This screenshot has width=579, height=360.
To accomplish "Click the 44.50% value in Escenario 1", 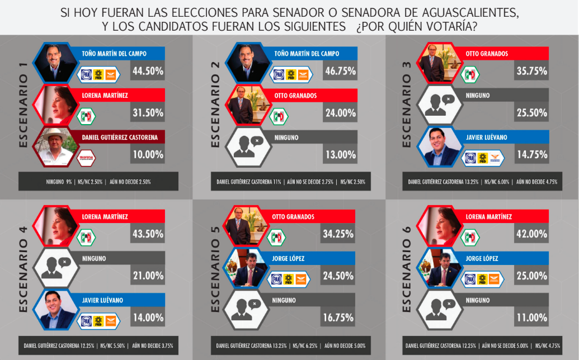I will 148,71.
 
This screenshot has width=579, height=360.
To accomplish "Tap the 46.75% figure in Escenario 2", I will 340,71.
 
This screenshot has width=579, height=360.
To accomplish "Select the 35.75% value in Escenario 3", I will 531,70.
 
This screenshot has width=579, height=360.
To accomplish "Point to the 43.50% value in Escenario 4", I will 148,234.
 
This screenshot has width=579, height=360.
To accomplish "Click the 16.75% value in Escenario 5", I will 338,318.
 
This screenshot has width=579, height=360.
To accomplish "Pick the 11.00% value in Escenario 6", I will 530,318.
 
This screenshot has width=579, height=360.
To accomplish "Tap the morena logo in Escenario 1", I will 86,158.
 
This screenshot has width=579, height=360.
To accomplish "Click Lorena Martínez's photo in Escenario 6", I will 440,225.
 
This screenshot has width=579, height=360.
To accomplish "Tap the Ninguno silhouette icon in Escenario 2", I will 247,146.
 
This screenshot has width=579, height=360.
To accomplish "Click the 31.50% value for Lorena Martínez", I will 148,112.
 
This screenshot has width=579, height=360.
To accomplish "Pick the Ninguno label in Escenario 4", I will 93,258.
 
